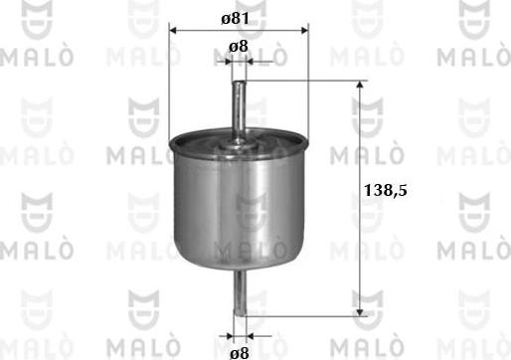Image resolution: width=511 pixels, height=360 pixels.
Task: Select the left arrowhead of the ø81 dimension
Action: coord(176,30)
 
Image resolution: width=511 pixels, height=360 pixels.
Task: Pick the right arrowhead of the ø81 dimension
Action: coord(304,30)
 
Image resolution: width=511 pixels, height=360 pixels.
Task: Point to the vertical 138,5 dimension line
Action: coord(359,199)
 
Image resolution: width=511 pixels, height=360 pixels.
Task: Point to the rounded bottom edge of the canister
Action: coord(240,267)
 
